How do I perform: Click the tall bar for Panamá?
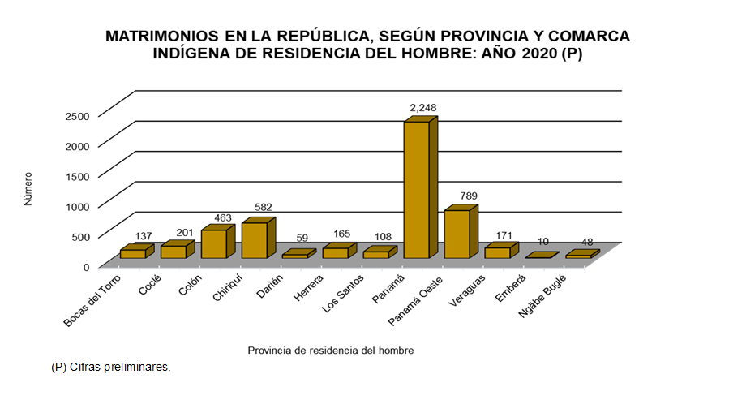[x=416, y=191]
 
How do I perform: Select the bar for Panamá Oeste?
[x=457, y=234]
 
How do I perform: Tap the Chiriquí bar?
[x=254, y=240]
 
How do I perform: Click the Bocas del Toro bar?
[x=132, y=254]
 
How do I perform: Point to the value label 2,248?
[x=423, y=108]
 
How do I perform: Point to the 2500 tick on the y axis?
[x=76, y=115]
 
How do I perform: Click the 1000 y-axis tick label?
[x=76, y=206]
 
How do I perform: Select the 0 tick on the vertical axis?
[x=84, y=266]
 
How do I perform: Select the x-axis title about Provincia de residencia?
[x=330, y=351]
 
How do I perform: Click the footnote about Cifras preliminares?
[x=110, y=367]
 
